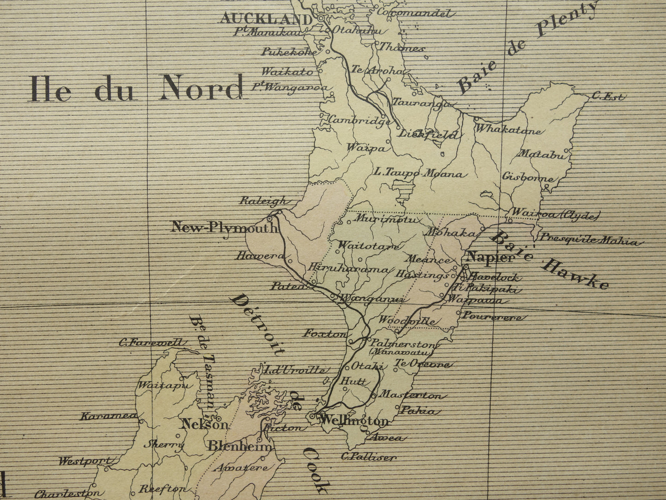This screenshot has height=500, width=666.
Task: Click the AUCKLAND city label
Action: (x=266, y=19)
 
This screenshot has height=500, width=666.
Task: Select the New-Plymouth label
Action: (x=224, y=227)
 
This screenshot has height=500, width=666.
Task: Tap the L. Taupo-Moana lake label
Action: (x=418, y=174)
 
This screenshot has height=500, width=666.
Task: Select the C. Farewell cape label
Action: (x=153, y=342)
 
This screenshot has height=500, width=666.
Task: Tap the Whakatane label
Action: (x=508, y=130)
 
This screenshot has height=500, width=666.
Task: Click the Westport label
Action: (x=85, y=461)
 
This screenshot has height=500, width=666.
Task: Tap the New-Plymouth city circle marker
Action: (x=270, y=219)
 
